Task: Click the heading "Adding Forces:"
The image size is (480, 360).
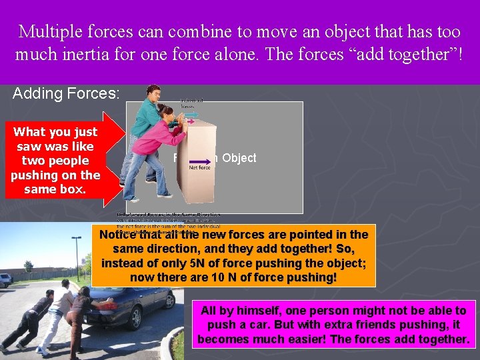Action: pyautogui.click(x=66, y=94)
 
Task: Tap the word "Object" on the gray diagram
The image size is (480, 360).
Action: pyautogui.click(x=239, y=158)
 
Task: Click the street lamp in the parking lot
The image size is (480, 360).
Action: pyautogui.click(x=79, y=257)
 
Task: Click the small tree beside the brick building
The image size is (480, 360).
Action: pyautogui.click(x=29, y=270)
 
